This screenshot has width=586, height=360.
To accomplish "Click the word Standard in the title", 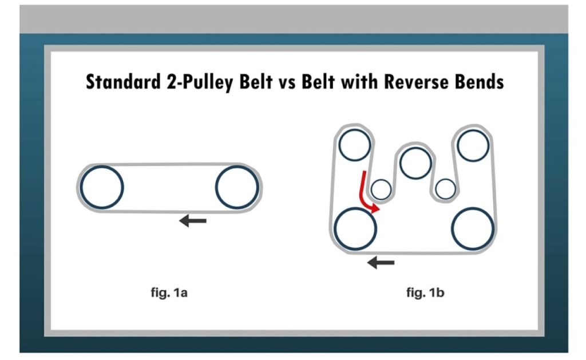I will (119, 82).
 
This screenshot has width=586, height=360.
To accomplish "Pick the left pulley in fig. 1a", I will (102, 187).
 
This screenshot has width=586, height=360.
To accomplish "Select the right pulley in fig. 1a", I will (237, 187).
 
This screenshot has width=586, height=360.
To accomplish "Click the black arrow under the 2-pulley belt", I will (192, 220).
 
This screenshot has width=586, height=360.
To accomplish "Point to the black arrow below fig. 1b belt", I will (381, 263).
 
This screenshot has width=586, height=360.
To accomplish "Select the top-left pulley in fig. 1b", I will (355, 145).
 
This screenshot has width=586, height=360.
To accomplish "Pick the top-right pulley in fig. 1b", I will (473, 145).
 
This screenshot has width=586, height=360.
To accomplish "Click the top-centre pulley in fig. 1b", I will (415, 163).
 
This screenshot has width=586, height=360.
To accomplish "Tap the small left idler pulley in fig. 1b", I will (381, 188).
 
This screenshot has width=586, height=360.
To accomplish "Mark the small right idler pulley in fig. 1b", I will (445, 188).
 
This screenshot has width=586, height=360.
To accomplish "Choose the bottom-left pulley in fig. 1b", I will (355, 228).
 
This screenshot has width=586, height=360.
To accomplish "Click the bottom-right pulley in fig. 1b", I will (473, 228).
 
